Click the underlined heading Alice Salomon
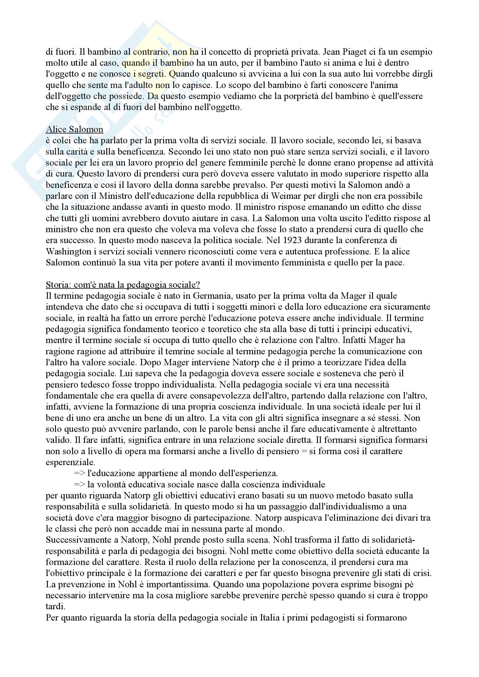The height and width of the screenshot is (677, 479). pos(74,129)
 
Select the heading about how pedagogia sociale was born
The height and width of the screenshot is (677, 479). pos(123,285)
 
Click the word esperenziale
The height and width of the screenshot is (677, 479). pos(70,462)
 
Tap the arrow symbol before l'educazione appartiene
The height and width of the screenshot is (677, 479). pos(79,473)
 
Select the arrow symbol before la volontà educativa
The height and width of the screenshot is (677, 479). pos(79,485)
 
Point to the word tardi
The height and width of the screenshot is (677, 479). pos(55,606)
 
